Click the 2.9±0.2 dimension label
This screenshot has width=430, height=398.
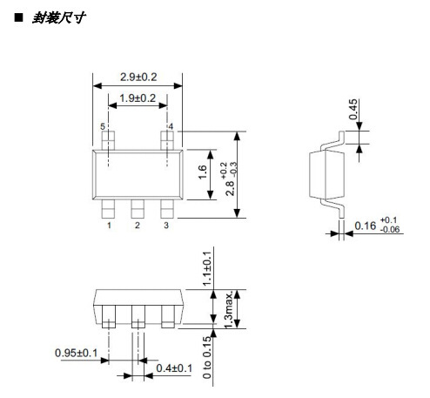137,77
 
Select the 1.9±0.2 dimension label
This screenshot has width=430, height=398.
137,98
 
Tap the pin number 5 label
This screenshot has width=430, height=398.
102,128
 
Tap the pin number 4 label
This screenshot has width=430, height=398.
171,128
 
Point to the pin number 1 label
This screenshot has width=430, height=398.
109,226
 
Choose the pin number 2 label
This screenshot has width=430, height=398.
138,226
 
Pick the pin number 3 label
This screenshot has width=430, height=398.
166,226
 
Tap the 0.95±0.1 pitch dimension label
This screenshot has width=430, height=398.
76,354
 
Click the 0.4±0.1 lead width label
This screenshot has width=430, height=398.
172,368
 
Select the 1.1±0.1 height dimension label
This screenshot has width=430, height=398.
206,269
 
